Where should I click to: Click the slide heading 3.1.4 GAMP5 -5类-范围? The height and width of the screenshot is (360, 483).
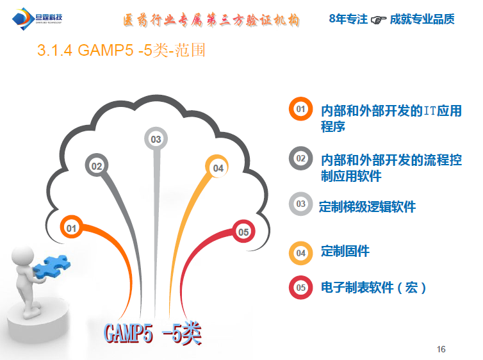click(122, 51)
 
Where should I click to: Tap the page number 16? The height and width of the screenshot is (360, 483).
click(441, 349)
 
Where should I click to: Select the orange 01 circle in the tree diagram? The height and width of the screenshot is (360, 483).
click(72, 227)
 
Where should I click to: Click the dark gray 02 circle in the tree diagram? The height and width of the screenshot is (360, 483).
click(97, 166)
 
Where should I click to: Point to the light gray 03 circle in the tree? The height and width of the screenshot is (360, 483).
click(156, 138)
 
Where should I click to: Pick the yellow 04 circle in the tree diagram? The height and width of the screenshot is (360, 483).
click(218, 168)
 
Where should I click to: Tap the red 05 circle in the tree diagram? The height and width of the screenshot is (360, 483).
click(243, 232)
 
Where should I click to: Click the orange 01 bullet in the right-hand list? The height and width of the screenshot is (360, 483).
click(300, 110)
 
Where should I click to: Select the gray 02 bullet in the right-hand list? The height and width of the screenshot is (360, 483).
click(300, 158)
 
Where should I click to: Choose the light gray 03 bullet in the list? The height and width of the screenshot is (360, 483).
click(300, 204)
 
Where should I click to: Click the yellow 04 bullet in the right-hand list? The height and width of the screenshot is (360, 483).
click(300, 252)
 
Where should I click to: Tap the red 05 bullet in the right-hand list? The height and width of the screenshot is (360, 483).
click(300, 288)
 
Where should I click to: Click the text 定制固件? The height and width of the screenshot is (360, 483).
click(345, 250)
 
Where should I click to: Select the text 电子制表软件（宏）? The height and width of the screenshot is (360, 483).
click(373, 288)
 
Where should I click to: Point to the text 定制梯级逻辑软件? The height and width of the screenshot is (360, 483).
click(368, 206)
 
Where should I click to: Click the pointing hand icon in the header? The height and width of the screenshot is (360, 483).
click(379, 20)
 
